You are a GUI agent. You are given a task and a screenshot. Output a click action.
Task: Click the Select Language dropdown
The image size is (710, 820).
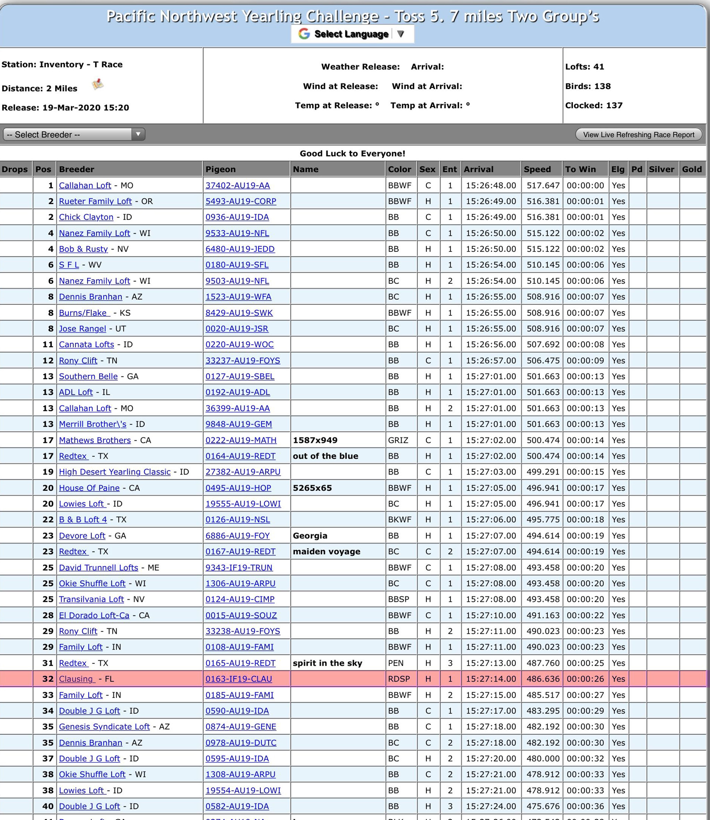352,34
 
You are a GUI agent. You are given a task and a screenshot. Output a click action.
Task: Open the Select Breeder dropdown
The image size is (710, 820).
74,134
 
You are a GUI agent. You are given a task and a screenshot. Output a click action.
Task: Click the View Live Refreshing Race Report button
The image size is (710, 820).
638,135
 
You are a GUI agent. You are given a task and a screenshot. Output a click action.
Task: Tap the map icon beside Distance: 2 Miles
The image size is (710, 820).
97,84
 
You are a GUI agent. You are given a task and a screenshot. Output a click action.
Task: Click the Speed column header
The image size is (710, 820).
537,169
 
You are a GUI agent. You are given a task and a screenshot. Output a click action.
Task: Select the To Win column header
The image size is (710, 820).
580,169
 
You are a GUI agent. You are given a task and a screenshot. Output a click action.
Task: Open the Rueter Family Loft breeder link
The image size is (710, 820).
95,201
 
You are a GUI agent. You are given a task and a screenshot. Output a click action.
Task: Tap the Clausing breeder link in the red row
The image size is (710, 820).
77,679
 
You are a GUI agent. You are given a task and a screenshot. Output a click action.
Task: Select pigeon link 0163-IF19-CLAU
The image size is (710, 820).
239,679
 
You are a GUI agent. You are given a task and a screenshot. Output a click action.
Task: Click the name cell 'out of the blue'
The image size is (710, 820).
325,456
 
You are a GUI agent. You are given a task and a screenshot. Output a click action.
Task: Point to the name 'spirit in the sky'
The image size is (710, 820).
327,663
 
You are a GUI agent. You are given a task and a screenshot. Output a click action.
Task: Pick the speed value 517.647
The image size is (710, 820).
543,186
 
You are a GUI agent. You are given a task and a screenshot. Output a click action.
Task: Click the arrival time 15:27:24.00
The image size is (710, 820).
491,806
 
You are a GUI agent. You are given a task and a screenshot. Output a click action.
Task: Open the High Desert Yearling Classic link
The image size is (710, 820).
114,472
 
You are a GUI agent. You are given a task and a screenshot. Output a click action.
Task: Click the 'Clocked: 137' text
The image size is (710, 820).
594,105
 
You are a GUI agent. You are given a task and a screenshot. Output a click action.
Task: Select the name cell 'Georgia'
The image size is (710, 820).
310,536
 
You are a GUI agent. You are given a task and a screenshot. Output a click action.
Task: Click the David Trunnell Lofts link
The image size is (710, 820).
98,567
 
